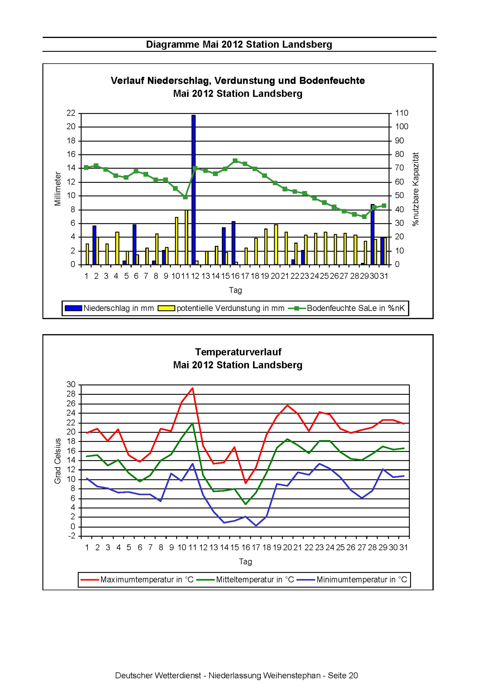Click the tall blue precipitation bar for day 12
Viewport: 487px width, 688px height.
pyautogui.click(x=193, y=190)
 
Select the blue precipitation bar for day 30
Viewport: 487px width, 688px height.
pyautogui.click(x=373, y=235)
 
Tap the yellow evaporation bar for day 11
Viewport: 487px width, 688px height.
pyautogui.click(x=187, y=237)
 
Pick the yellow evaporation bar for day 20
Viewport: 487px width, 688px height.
pyautogui.click(x=276, y=245)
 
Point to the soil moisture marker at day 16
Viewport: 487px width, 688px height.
pyautogui.click(x=235, y=161)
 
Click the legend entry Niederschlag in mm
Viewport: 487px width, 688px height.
pyautogui.click(x=110, y=308)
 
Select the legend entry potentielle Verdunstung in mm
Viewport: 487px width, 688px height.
pyautogui.click(x=221, y=308)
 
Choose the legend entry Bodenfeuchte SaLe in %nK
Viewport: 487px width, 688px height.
pyautogui.click(x=347, y=308)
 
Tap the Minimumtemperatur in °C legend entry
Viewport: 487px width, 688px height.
pyautogui.click(x=352, y=579)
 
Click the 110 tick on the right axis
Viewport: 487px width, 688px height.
pyautogui.click(x=402, y=113)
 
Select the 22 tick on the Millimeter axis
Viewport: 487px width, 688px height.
pyautogui.click(x=71, y=113)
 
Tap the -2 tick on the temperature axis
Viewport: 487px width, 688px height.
pyautogui.click(x=72, y=536)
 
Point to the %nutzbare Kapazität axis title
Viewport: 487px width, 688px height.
pyautogui.click(x=416, y=189)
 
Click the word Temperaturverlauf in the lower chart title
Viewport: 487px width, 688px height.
pyautogui.click(x=238, y=352)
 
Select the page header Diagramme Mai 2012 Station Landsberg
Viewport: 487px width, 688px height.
pyautogui.click(x=239, y=45)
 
